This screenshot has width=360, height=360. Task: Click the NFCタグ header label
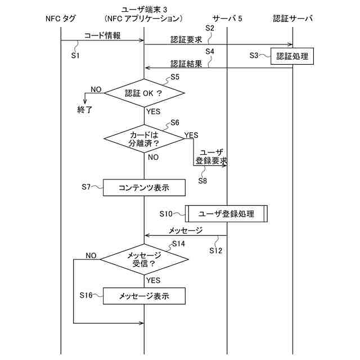click(x=60, y=19)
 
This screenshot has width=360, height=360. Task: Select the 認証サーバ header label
click(x=292, y=19)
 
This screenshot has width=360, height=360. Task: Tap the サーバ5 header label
click(x=227, y=19)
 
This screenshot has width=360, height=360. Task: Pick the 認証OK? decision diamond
click(x=145, y=93)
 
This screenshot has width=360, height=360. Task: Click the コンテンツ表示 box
click(x=144, y=187)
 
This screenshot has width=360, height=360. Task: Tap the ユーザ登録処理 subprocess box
click(x=226, y=214)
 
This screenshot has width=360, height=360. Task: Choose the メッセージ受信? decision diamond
click(x=145, y=259)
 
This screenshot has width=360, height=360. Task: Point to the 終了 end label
click(x=85, y=109)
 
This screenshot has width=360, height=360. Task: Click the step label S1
click(x=76, y=56)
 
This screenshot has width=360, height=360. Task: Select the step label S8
click(x=202, y=181)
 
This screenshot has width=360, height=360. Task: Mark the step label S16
click(x=86, y=295)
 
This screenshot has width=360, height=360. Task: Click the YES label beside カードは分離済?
click(x=191, y=135)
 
